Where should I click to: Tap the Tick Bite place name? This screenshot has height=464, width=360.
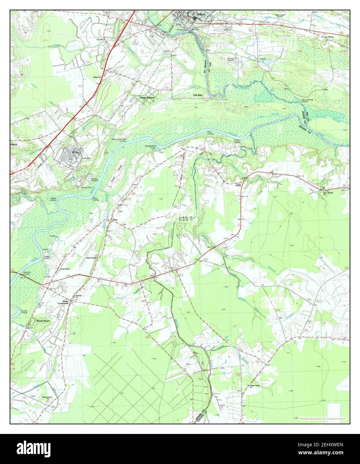pos(198,95)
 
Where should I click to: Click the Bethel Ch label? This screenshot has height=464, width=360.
pos(97,77)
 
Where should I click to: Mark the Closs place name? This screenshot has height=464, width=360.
pos(115,220)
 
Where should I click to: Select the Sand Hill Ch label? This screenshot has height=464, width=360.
pos(64,268)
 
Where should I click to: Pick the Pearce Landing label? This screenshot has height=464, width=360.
pos(237,141)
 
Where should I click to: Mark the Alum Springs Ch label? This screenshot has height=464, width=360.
pos(327,193)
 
